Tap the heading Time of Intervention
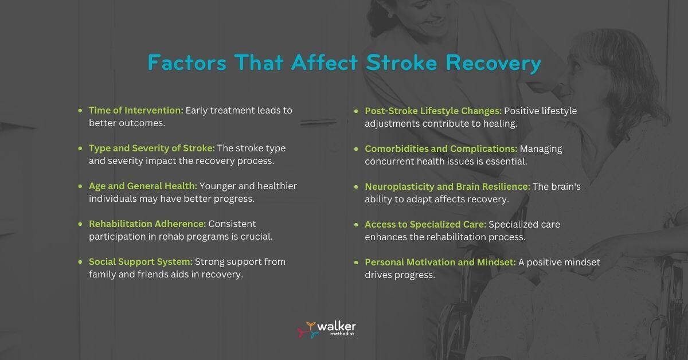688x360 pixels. pos(136,110)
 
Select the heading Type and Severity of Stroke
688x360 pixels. pos(152,148)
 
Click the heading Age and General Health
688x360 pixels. pos(143,186)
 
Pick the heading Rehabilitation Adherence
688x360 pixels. pos(147,224)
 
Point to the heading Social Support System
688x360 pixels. pos(140,261)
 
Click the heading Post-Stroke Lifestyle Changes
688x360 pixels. pos(433,111)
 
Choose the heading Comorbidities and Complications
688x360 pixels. pos(441,148)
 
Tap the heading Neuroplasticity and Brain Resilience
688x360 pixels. pos(448,186)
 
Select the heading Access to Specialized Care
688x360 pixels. pos(425,224)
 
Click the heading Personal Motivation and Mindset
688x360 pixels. pos(440,262)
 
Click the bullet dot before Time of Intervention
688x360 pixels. pos(80,110)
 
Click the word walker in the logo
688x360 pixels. pos(337,326)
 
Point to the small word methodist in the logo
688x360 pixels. pos(343,334)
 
